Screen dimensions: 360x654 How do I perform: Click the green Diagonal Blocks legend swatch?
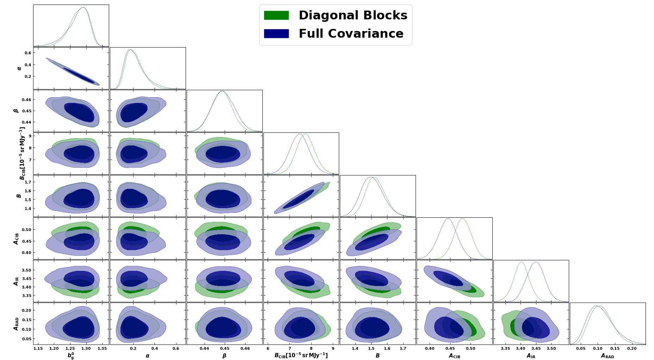tap(276, 15)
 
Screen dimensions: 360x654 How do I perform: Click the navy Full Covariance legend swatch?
tap(276, 33)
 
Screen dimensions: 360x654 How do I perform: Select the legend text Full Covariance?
tap(351, 33)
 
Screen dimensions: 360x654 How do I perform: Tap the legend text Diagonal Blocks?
tap(353, 15)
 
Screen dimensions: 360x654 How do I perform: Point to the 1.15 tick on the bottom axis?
tap(38, 348)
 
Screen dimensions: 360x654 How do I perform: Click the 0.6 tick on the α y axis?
tap(28, 53)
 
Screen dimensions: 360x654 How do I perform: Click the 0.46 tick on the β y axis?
tap(27, 100)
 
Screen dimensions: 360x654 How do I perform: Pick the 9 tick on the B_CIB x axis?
tap(333, 348)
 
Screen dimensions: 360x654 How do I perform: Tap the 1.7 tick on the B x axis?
tap(403, 348)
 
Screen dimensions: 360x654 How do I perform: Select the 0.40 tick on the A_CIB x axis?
tap(430, 348)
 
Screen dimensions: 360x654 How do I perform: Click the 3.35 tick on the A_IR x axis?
tap(505, 348)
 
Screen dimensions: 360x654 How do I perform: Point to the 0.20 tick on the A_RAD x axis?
tap(632, 348)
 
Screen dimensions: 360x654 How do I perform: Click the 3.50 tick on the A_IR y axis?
tap(27, 270)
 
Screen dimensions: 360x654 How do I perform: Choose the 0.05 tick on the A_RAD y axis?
tap(27, 339)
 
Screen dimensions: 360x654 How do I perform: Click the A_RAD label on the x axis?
tap(608, 356)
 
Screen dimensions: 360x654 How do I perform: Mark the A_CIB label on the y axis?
tap(16, 238)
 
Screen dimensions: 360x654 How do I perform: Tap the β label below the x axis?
tap(224, 356)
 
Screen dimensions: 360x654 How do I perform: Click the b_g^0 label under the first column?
tap(71, 356)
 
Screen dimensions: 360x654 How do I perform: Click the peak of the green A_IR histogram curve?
tap(521, 262)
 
